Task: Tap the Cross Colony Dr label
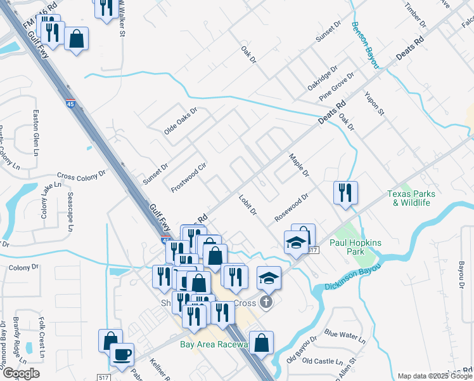coord(80,177)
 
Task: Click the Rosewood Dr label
coord(291,207)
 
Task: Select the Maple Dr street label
coord(298,164)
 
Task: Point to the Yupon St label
coord(375,103)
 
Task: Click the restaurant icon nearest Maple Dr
coord(345,192)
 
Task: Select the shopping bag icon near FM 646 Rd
coord(76,39)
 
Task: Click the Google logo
coord(20,373)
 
